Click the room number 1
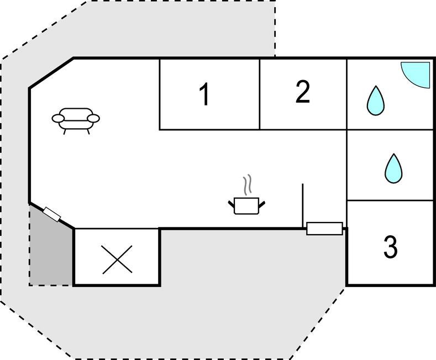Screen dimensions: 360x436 204,94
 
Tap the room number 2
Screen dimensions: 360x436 302,92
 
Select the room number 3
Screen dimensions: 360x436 390,247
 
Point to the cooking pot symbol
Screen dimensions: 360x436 246,205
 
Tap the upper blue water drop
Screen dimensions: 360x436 376,101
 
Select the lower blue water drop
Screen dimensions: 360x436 393,168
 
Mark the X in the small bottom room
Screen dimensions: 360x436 117,259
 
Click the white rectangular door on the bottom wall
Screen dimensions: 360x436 324,228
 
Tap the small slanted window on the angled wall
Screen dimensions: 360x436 52,214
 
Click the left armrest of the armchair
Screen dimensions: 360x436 58,118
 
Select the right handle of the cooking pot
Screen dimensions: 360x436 262,204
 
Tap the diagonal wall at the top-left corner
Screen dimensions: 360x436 51,72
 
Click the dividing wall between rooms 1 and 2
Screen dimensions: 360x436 260,94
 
